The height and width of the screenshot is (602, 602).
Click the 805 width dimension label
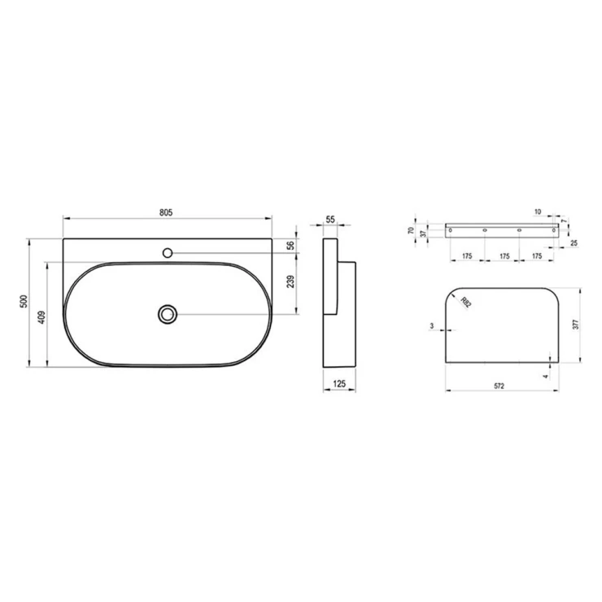click(166, 212)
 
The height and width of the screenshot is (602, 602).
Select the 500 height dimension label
click(24, 301)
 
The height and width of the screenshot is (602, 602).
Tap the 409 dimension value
click(41, 316)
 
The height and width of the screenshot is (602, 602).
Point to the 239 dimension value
click(290, 281)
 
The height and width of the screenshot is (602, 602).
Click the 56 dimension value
click(291, 245)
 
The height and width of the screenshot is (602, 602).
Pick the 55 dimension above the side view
click(330, 219)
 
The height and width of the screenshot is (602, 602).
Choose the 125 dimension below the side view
click(339, 383)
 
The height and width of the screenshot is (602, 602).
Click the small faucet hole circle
click(168, 253)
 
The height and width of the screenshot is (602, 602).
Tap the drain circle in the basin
click(167, 315)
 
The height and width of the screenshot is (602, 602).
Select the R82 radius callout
click(465, 302)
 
